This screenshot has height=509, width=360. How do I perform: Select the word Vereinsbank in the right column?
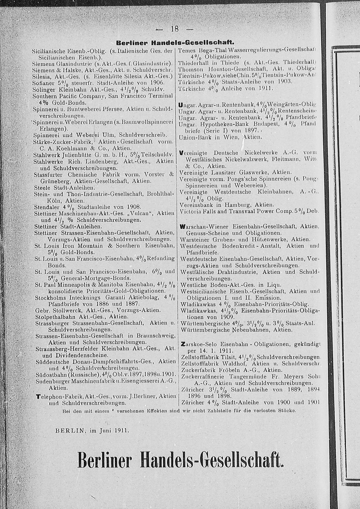196,204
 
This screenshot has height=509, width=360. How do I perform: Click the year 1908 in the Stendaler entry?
131,207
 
